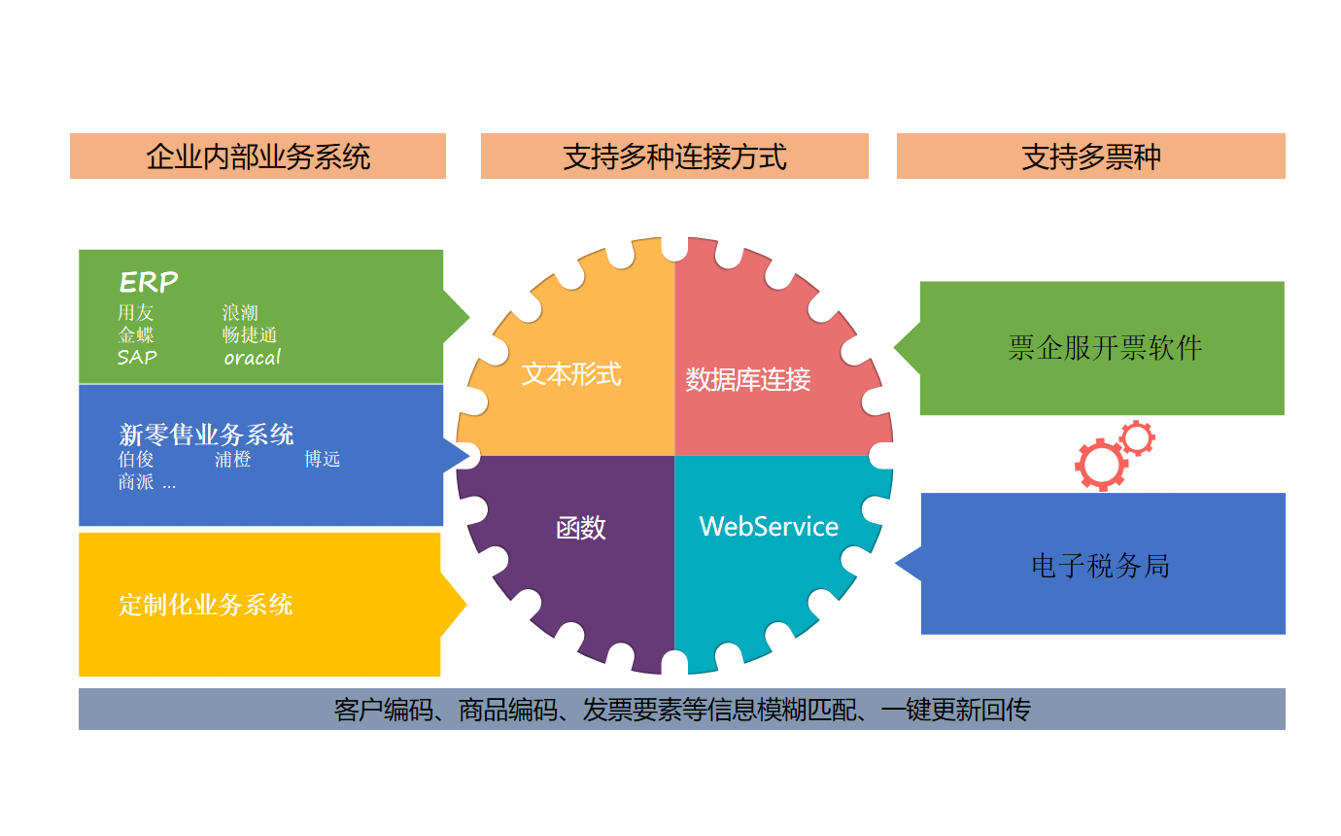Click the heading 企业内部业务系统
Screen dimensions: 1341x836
coord(258,157)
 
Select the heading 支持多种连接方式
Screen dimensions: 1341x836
coord(674,157)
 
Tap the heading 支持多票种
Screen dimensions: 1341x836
coord(1090,157)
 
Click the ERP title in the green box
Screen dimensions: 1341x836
coord(149,282)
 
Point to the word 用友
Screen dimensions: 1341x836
coord(136,313)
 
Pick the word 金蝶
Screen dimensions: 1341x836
coord(136,334)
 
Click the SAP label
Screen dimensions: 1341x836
coord(137,358)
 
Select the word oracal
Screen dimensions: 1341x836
coord(252,358)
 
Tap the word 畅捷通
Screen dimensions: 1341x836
coord(250,334)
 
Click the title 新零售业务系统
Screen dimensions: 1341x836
coord(206,435)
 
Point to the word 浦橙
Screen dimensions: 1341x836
coord(233,460)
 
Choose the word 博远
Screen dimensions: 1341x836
coord(322,460)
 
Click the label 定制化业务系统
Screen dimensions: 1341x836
coord(205,605)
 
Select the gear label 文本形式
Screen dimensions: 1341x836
coord(571,375)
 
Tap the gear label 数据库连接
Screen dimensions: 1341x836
coord(747,380)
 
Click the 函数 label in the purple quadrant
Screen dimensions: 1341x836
coord(581,528)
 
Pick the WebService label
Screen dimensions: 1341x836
coord(769,527)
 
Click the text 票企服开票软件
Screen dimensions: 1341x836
coord(1105,348)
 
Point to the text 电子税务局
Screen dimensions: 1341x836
coord(1100,566)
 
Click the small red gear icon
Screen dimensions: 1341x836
coord(1137,438)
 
